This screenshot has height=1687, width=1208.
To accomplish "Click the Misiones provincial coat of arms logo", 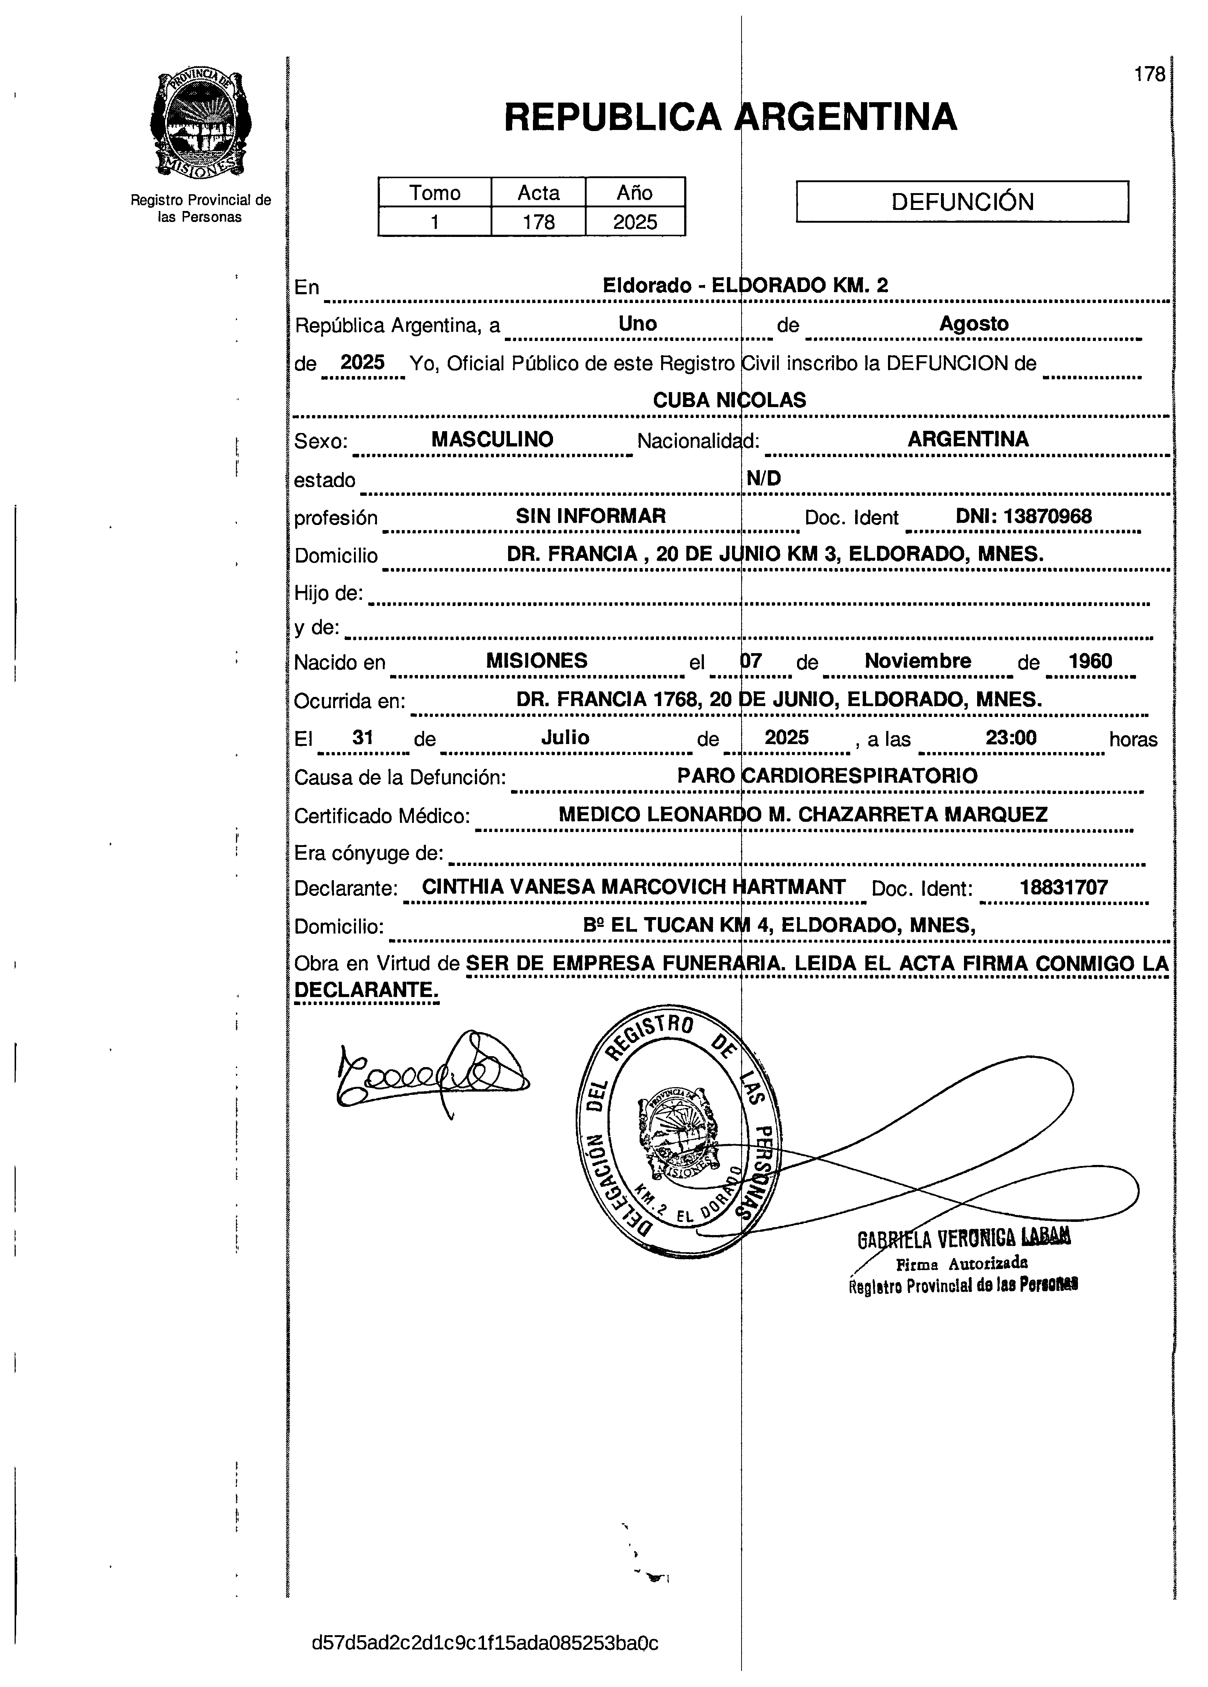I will pos(200,123).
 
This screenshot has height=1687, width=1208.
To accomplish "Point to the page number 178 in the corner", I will pos(1149,74).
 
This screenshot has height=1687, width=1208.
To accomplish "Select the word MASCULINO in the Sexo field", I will pos(492,440).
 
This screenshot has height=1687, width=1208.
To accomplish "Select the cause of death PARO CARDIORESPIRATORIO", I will pos(827,776).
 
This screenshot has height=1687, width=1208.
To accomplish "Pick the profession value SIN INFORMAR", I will pos(591,516).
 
